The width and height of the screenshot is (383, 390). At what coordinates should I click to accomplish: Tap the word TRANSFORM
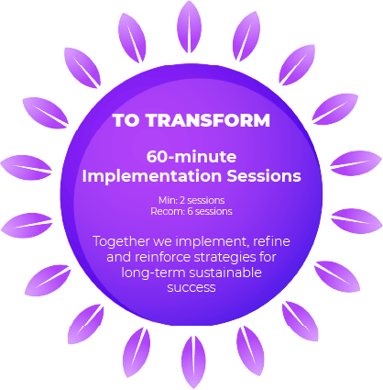tap(208, 120)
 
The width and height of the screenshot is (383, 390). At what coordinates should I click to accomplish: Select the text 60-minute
tap(191, 157)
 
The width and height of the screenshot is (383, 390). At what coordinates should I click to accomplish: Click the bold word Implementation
tap(152, 176)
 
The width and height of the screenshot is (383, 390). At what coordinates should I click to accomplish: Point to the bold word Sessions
tap(264, 176)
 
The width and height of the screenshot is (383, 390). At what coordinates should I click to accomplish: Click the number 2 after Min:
tap(182, 200)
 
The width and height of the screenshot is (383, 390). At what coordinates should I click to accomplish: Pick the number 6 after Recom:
tap(190, 211)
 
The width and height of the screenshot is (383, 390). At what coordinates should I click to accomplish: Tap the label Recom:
tap(168, 211)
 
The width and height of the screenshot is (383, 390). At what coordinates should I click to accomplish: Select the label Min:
tap(168, 200)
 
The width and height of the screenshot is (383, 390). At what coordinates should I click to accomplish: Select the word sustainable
tap(225, 273)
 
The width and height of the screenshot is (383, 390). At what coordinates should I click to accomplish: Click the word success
tap(191, 288)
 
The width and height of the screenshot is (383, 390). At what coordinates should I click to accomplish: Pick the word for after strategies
tap(268, 257)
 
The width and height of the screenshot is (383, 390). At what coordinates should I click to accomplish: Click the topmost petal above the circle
tap(190, 27)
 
